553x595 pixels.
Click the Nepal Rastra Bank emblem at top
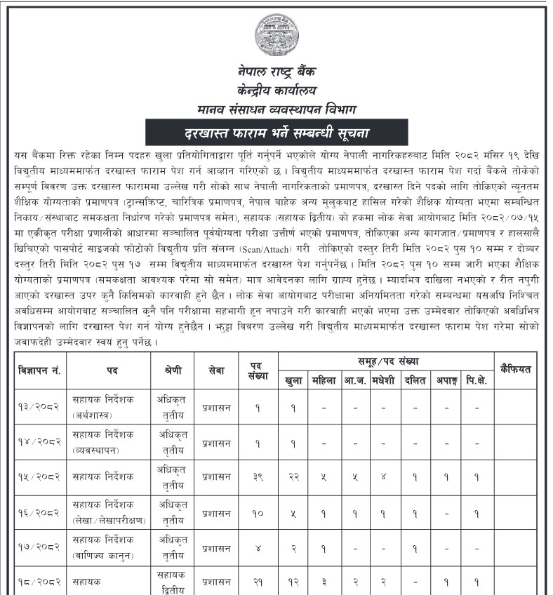coord(276,34)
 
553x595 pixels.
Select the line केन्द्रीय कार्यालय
coord(276,91)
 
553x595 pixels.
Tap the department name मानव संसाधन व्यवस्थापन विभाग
coord(276,109)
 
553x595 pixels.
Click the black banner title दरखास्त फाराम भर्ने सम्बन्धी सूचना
coord(276,132)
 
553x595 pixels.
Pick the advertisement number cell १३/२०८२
coord(39,407)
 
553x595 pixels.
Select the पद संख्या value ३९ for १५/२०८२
coord(258,476)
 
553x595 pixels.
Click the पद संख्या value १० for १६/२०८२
coord(258,512)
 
